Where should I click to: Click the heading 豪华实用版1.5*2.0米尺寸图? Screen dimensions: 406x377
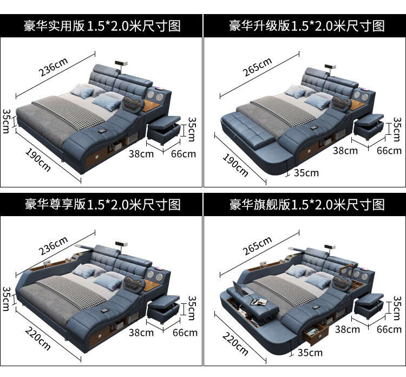(102, 25)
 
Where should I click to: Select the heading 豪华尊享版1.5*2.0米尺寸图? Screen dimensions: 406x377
(102, 204)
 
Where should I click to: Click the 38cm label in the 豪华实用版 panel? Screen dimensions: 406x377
(141, 154)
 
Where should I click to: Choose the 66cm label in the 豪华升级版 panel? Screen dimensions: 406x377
(389, 151)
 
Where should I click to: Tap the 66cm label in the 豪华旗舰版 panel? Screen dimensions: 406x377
(389, 329)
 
